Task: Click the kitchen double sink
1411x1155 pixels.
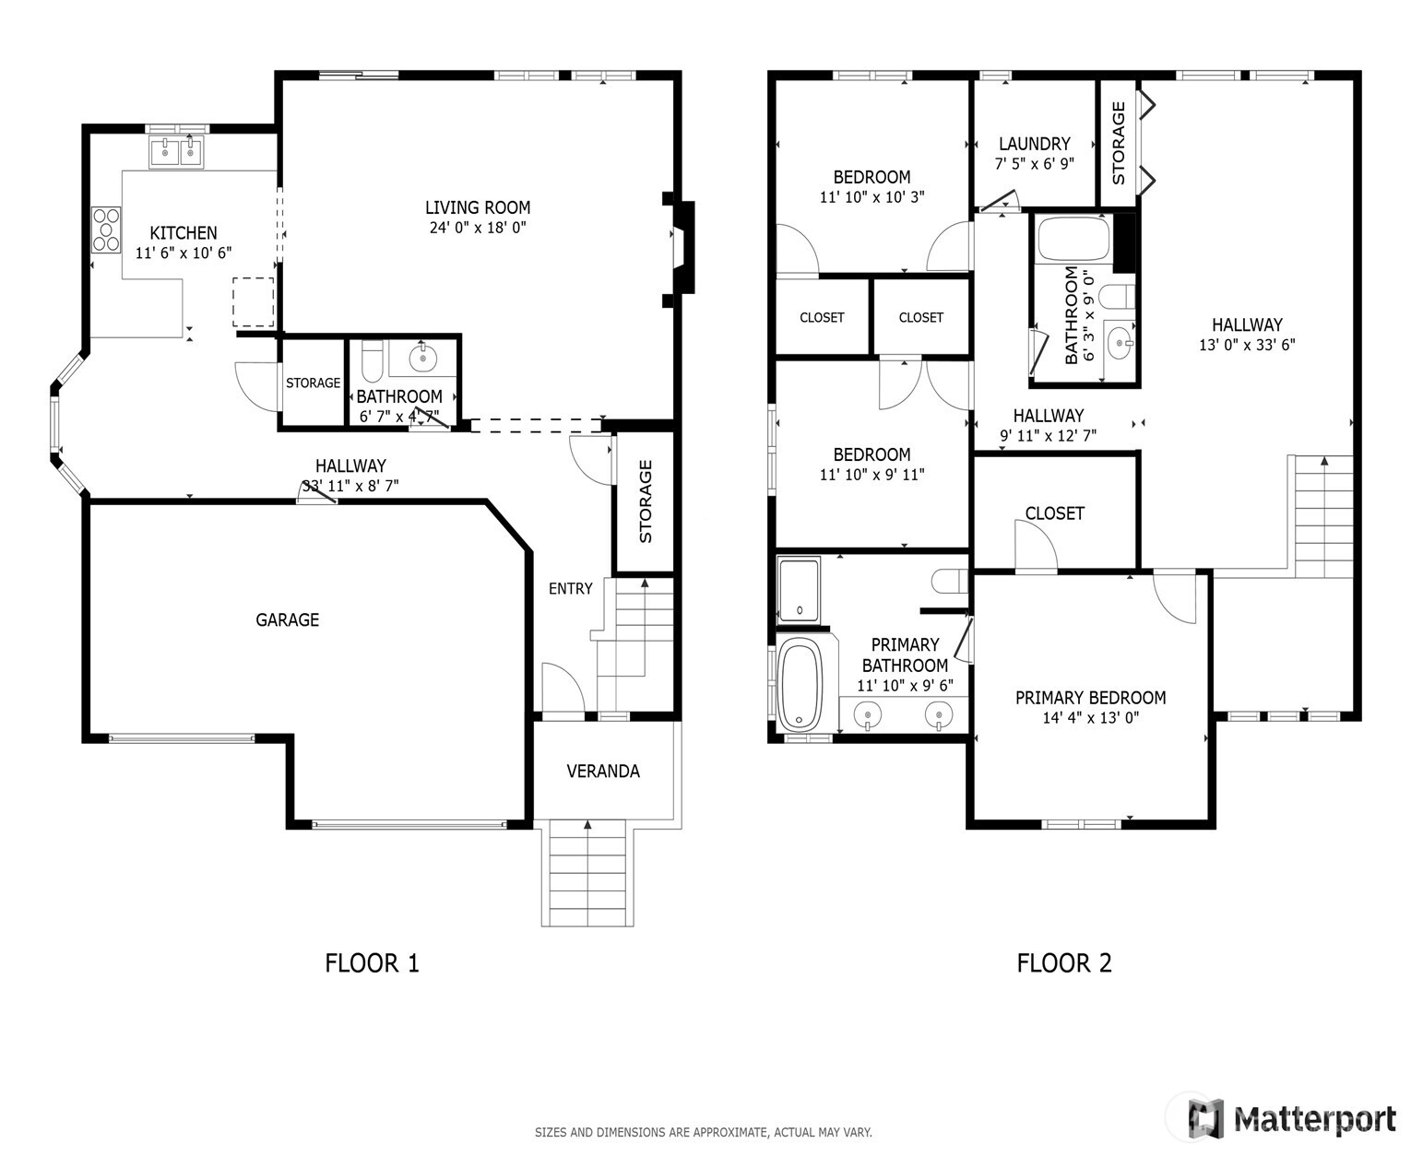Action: [176, 152]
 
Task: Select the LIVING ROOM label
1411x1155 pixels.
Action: [478, 207]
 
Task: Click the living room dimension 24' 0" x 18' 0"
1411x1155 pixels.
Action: [478, 228]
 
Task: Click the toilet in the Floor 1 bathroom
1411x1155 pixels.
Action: [372, 361]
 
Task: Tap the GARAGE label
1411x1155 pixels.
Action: [287, 620]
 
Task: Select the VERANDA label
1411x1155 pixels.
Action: [603, 772]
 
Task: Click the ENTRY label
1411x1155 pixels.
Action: [571, 588]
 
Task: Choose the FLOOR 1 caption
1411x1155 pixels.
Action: [372, 963]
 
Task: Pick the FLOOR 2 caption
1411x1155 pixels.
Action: [1064, 963]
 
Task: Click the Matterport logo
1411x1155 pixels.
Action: [1291, 1118]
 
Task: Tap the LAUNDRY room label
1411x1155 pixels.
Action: [1035, 144]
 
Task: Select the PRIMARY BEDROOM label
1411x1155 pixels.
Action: [1091, 698]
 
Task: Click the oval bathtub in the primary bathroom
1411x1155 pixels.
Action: [800, 685]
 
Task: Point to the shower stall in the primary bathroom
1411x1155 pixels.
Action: [799, 589]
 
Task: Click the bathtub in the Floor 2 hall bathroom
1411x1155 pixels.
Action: [1073, 239]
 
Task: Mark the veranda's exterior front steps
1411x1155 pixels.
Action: [587, 873]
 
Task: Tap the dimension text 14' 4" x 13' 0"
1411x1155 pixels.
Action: [1091, 717]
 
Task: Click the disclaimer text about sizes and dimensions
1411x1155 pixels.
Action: [703, 1132]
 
